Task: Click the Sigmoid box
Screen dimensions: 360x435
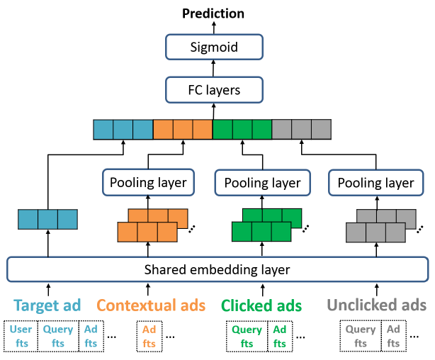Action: [x=213, y=47]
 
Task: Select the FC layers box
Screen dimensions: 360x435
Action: [x=213, y=90]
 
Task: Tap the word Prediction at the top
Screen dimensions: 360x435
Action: [x=213, y=13]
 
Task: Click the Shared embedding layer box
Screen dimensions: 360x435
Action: [x=217, y=269]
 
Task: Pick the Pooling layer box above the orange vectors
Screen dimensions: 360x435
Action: [x=148, y=183]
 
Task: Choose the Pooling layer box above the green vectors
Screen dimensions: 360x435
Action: [x=262, y=183]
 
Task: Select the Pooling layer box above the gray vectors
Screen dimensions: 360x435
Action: [x=375, y=183]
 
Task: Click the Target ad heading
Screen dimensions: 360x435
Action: [x=47, y=305]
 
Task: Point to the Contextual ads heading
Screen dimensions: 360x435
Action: [x=151, y=305]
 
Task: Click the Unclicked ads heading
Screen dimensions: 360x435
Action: [x=376, y=305]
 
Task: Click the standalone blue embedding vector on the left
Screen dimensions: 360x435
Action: [x=47, y=219]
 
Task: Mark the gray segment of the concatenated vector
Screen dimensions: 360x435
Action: [x=302, y=130]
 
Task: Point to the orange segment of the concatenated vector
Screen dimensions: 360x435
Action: [x=183, y=130]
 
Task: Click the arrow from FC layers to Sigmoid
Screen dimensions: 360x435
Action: [x=213, y=69]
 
